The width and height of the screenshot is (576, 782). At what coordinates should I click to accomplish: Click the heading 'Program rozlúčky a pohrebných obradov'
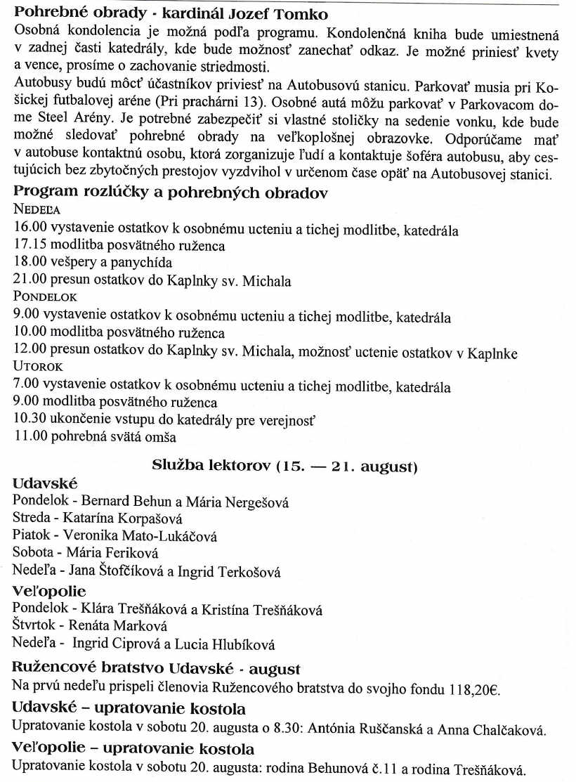[171, 193]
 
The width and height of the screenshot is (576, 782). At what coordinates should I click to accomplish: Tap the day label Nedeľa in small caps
[37, 209]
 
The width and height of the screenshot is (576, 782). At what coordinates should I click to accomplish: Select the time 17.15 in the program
[27, 246]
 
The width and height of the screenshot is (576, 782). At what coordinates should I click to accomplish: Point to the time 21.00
[27, 281]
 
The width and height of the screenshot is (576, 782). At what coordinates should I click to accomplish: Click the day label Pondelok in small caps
[45, 297]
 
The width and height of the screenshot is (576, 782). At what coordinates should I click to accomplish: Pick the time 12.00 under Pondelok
[27, 353]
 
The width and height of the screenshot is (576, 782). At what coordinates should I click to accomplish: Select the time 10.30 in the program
[27, 421]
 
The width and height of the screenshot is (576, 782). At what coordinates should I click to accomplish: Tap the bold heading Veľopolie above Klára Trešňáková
[50, 591]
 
